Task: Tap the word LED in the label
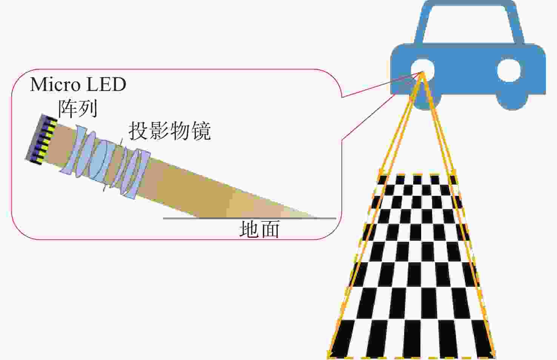pyautogui.click(x=106, y=85)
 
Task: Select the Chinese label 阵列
pyautogui.click(x=78, y=109)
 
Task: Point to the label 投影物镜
pyautogui.click(x=169, y=131)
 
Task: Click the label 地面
pyautogui.click(x=259, y=229)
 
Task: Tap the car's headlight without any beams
pyautogui.click(x=509, y=70)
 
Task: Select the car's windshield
pyautogui.click(x=469, y=24)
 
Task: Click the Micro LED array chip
pyautogui.click(x=41, y=140)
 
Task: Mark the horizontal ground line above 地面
pyautogui.click(x=249, y=218)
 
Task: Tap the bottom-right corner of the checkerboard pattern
pyautogui.click(x=495, y=358)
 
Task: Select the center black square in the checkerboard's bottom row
pyautogui.click(x=412, y=339)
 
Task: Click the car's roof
pyautogui.click(x=469, y=3)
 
